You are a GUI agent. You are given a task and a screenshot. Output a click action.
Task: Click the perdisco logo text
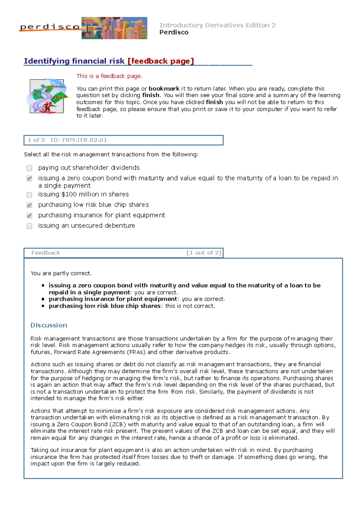coord(50,27)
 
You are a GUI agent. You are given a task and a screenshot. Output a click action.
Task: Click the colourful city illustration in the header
coord(114,28)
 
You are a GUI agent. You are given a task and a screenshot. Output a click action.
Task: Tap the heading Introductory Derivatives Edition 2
coord(217,25)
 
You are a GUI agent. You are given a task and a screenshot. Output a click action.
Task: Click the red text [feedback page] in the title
coord(161,61)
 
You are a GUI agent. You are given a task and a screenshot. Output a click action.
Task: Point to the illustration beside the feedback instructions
coord(47,96)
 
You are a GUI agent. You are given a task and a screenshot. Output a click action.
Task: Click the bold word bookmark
coord(164,88)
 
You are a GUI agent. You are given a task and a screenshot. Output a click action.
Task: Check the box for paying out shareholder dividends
coord(29,168)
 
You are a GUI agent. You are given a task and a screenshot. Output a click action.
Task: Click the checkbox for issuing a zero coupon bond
coord(29,179)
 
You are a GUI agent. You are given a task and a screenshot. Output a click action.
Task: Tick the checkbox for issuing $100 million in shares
coord(29,195)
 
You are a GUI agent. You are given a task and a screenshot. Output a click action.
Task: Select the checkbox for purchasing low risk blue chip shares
coord(29,205)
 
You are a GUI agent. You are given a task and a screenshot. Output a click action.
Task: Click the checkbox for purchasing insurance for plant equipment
coord(29,216)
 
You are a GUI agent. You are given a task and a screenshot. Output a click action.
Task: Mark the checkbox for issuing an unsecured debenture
coord(29,226)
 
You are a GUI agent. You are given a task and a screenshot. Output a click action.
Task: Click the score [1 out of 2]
coord(204,253)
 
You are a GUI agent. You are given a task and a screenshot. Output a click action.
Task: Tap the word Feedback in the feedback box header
coord(46,253)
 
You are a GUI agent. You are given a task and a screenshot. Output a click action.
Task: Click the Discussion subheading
coord(49,325)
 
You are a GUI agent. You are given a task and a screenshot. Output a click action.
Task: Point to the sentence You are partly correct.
coord(61,273)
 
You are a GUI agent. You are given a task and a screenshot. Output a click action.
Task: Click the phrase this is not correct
coord(190,306)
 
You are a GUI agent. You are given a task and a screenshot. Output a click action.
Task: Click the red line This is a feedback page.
coord(109,76)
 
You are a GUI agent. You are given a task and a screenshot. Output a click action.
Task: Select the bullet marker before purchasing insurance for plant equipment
coord(43,299)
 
